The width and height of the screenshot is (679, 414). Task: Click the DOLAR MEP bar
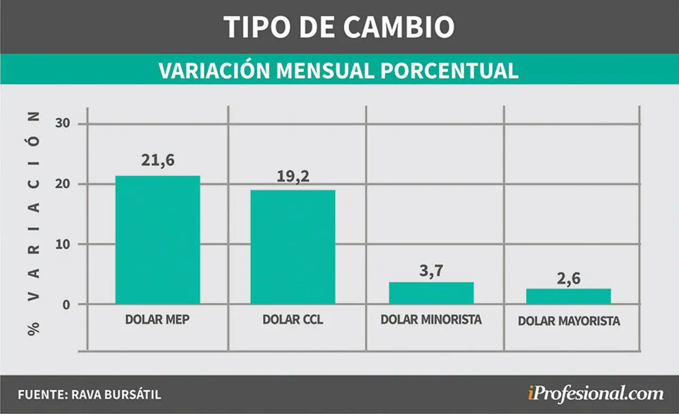pos(158,240)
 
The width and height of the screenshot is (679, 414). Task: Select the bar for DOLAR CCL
pos(293,247)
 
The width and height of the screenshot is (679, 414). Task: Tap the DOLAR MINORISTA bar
pos(431,293)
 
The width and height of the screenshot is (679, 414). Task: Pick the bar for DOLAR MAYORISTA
pos(568,296)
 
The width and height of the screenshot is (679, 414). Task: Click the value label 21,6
pos(158,160)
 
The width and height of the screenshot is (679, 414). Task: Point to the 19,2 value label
pos(293,177)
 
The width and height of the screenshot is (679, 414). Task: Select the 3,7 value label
pos(431,270)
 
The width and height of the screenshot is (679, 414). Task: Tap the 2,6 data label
pos(569,278)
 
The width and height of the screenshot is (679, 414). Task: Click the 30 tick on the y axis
pos(63,124)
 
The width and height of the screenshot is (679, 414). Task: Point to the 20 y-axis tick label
pos(63,184)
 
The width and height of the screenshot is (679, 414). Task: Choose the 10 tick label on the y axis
pos(63,244)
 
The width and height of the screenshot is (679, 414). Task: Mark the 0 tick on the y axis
pos(66,305)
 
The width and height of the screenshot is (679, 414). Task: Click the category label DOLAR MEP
pos(158,320)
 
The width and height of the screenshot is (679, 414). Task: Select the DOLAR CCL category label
pos(293,320)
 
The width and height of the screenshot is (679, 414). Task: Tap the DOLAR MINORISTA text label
pos(431,320)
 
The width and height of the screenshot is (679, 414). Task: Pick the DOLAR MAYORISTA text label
pos(569,321)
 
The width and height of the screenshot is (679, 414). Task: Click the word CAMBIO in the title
pos(399,27)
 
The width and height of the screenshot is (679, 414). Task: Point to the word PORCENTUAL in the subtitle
pos(449,71)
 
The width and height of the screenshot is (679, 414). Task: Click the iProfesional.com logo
pos(596,394)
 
